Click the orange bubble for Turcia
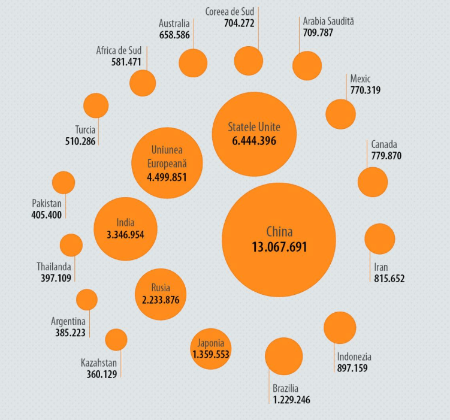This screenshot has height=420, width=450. pyautogui.click(x=96, y=105)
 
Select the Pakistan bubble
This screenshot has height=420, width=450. pyautogui.click(x=64, y=182)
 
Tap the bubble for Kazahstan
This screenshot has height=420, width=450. pyautogui.click(x=116, y=340)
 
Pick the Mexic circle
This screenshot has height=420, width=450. pyautogui.click(x=340, y=114)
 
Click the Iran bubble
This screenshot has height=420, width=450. pyautogui.click(x=379, y=238)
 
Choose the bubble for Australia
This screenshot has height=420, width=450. pyautogui.click(x=193, y=63)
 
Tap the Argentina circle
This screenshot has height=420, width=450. pyautogui.click(x=87, y=300)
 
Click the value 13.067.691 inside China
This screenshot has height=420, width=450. pyautogui.click(x=279, y=247)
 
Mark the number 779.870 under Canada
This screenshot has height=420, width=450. pyautogui.click(x=386, y=156)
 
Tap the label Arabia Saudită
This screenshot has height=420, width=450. pyautogui.click(x=328, y=21)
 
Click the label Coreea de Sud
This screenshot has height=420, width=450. pyautogui.click(x=230, y=11)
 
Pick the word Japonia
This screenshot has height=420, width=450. pyautogui.click(x=210, y=343)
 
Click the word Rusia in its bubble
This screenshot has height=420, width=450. pyautogui.click(x=161, y=288)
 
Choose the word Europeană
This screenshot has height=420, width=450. pyautogui.click(x=167, y=163)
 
